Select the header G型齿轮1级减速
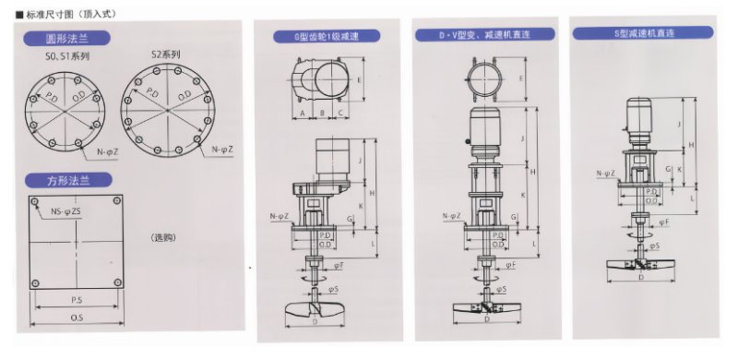click(328, 38)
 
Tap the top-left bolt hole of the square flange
click(39, 201)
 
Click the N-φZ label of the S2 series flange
click(220, 149)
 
